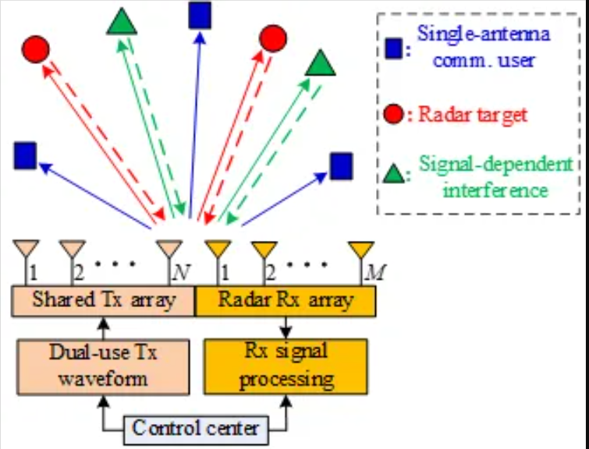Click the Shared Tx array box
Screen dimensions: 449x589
pos(103,301)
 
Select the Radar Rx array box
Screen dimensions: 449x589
pos(286,301)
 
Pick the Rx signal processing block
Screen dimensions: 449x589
pos(286,365)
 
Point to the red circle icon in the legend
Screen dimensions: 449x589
pos(395,115)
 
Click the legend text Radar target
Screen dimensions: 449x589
pos(473,115)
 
